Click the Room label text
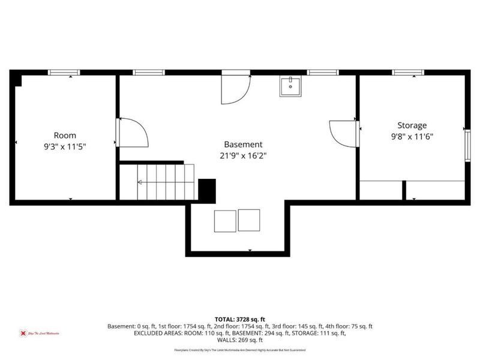65,136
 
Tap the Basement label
243,145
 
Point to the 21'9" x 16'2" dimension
243,155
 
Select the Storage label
412,125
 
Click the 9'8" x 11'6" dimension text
412,136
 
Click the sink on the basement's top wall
290,86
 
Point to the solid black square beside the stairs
206,190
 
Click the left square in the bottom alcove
225,220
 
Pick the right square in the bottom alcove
248,220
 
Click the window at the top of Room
64,73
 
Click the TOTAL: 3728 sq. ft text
240,319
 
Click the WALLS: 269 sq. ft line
240,339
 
